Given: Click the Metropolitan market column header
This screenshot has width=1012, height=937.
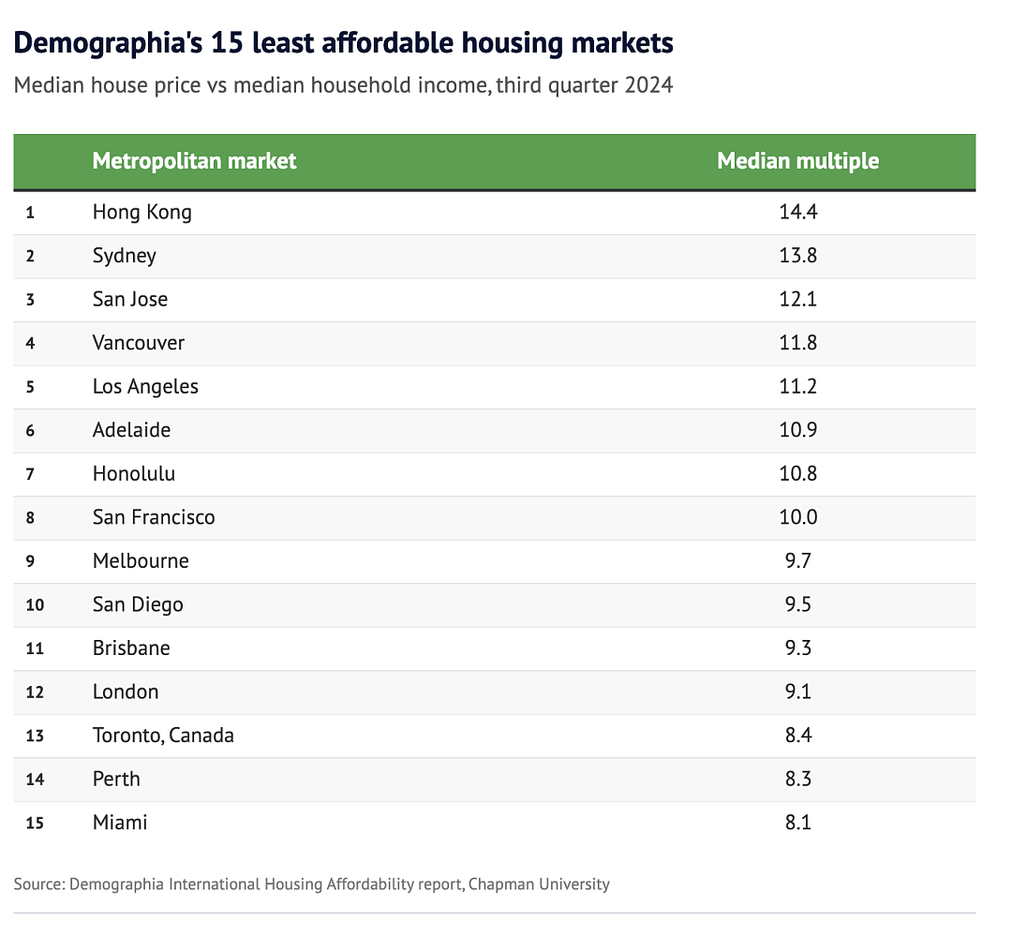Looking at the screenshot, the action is (x=194, y=160).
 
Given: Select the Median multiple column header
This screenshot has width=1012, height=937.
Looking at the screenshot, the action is (x=797, y=160).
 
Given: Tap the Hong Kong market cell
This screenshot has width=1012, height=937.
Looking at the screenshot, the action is (x=142, y=213).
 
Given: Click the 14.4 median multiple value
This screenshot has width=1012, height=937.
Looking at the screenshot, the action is (x=797, y=212).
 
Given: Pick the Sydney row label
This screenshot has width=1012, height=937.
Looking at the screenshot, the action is (x=124, y=256).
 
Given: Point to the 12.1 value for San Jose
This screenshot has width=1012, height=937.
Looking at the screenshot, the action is (x=797, y=299).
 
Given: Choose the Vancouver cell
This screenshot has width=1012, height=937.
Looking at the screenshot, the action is (x=138, y=343).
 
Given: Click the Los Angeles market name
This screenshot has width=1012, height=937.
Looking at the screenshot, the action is (x=145, y=387).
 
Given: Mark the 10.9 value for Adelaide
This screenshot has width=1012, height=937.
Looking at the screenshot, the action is (x=797, y=430).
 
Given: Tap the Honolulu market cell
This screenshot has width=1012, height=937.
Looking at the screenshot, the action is (x=134, y=474).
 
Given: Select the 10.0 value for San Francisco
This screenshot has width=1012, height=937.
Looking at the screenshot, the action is (x=797, y=517).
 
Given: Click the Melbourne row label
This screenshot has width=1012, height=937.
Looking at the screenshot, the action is (x=141, y=560).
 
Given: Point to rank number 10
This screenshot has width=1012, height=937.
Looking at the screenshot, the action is (x=35, y=604).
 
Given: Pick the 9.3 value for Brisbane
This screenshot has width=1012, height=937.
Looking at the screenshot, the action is (x=797, y=647).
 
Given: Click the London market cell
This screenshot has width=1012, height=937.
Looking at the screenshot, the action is (x=126, y=692).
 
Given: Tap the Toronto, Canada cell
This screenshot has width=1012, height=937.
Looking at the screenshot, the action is (x=163, y=736).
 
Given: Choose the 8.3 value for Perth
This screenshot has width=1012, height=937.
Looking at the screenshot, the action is (x=797, y=779).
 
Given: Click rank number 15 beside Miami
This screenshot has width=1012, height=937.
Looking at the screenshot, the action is (x=35, y=823).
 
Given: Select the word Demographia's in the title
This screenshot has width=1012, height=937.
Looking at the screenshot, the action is (x=108, y=44).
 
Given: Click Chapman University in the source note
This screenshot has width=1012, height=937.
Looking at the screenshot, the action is (x=539, y=885).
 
